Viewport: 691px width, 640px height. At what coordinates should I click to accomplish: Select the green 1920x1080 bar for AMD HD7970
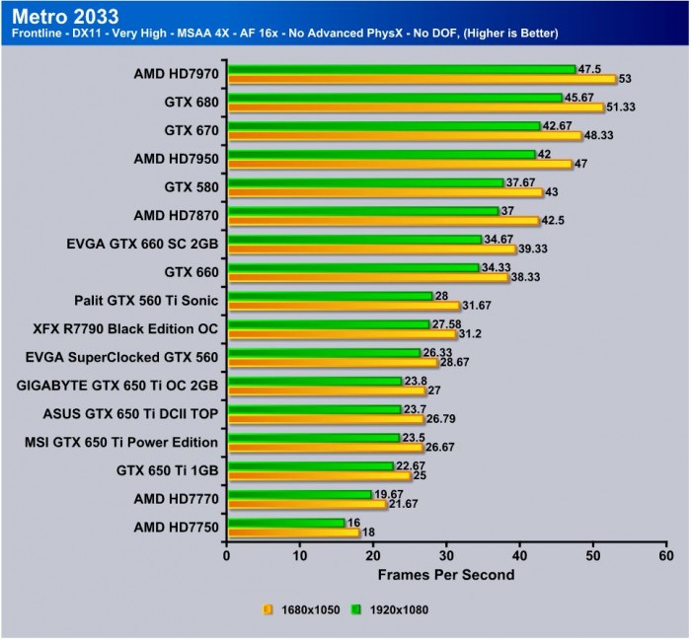(401, 69)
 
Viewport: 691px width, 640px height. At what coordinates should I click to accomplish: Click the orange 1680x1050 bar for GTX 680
(415, 107)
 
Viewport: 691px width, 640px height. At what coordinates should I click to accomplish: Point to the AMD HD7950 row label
(176, 157)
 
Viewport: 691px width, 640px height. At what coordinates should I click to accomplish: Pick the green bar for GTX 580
(365, 181)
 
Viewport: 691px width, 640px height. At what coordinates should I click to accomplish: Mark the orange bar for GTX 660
(367, 277)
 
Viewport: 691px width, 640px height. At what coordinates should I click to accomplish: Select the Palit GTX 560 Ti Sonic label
(146, 299)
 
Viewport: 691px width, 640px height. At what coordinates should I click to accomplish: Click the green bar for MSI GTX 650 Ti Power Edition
(313, 437)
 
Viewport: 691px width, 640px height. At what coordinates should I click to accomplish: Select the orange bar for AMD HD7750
(293, 533)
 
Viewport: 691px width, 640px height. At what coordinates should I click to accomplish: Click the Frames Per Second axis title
(446, 573)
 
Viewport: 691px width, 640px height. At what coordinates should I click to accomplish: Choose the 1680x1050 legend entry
(300, 609)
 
